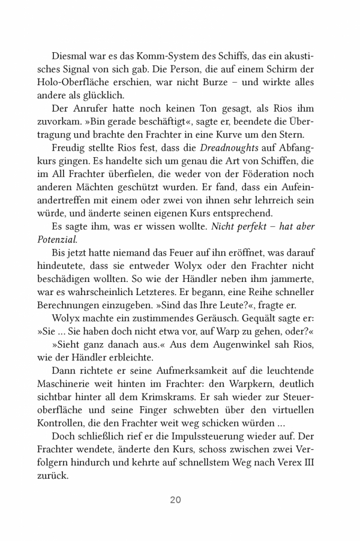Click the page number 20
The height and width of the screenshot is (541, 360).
click(175, 500)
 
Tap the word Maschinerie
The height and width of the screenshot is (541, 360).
click(76, 385)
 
